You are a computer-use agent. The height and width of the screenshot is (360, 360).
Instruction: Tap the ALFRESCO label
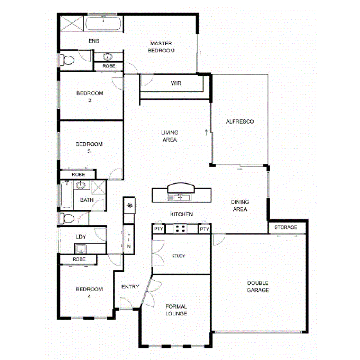click(239, 121)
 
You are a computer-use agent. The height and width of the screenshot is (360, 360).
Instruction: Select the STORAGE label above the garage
click(286, 227)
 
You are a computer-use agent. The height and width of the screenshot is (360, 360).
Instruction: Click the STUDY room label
click(178, 256)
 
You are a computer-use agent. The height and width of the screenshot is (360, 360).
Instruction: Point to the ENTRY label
click(130, 287)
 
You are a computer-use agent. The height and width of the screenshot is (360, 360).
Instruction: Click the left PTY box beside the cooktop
click(158, 229)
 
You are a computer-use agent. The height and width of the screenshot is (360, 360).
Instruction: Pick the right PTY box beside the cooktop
click(204, 229)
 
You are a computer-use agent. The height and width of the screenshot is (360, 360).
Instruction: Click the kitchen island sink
click(178, 197)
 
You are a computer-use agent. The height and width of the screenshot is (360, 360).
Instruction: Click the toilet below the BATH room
click(68, 219)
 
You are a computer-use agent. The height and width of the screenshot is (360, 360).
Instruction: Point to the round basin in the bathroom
click(80, 186)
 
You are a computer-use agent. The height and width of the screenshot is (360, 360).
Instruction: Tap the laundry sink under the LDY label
click(81, 248)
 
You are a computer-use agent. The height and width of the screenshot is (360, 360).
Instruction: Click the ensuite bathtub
click(104, 24)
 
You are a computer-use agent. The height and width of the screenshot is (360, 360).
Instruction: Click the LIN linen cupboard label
click(129, 240)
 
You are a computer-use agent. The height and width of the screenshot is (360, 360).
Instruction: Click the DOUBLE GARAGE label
click(258, 287)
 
